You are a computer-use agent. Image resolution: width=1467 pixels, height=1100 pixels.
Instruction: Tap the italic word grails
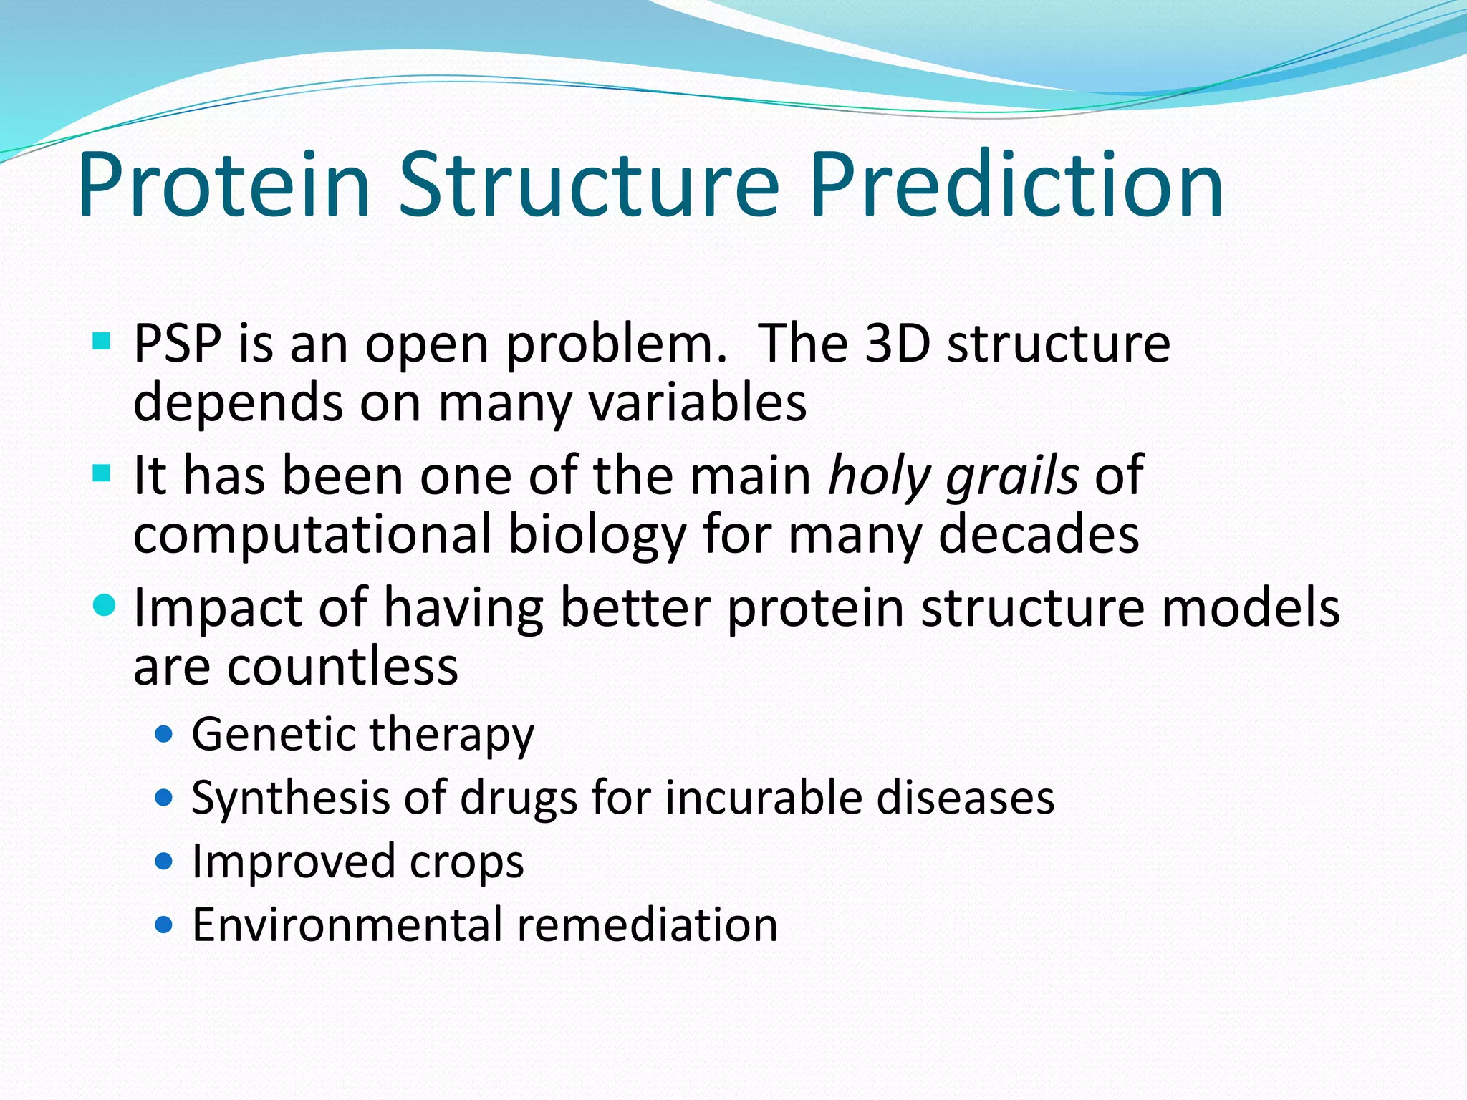point(1011,476)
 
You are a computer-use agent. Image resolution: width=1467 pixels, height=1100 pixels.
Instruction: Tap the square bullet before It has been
point(102,473)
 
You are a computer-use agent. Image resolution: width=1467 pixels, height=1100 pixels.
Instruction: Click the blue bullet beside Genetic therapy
point(164,734)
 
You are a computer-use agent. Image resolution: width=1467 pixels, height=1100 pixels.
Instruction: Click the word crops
point(466,862)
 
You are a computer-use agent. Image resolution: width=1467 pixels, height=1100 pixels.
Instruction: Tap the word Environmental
point(347,925)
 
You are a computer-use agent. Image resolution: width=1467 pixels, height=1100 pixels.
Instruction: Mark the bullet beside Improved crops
point(164,861)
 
